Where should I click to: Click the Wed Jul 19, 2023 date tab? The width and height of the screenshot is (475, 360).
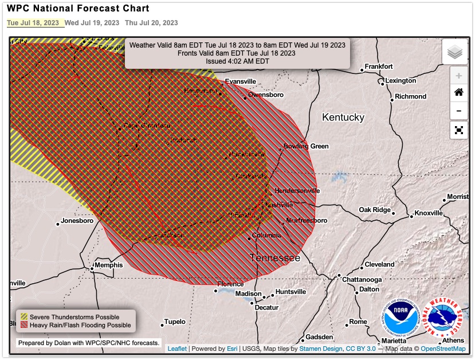[92, 23]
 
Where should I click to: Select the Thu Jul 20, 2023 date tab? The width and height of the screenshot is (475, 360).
[151, 23]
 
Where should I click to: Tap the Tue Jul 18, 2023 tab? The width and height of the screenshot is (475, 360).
[34, 23]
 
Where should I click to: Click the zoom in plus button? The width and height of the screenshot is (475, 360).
[458, 76]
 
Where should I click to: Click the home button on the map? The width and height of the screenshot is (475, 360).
[458, 92]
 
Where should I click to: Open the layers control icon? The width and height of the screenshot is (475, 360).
[455, 52]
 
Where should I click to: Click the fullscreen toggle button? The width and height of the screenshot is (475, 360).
[458, 130]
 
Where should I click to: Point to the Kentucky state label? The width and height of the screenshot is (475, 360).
[343, 117]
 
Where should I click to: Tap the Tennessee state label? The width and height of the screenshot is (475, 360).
[274, 258]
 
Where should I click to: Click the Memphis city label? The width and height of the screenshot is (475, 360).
[108, 265]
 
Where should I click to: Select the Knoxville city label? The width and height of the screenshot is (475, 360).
[429, 213]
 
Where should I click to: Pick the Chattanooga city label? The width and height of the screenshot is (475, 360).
[362, 279]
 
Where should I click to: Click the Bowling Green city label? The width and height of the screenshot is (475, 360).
[306, 146]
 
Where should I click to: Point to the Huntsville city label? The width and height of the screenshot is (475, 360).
[291, 292]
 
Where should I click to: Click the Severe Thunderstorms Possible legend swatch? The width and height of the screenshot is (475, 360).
[24, 316]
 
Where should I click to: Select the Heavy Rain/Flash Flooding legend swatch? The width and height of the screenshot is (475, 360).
[24, 325]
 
